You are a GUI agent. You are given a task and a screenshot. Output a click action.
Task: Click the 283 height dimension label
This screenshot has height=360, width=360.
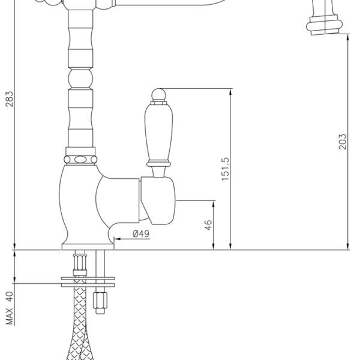(10, 99)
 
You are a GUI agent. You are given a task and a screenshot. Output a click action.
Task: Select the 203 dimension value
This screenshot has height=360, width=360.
(343, 142)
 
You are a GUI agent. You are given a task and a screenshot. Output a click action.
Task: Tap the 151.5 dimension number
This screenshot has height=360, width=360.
(225, 169)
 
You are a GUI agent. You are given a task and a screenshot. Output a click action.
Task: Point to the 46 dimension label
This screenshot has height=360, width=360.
(208, 225)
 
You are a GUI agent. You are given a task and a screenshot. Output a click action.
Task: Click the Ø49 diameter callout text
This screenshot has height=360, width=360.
(141, 234)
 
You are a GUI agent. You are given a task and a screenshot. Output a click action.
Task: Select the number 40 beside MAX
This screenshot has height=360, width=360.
(10, 296)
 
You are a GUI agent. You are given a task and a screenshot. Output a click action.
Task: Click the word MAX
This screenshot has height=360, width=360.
(10, 316)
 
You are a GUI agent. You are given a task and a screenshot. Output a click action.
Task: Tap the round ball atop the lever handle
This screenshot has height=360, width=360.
(158, 95)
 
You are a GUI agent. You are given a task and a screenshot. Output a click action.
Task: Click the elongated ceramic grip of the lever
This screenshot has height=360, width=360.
(158, 133)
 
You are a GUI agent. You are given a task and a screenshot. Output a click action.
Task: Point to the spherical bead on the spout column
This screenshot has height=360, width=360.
(80, 79)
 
